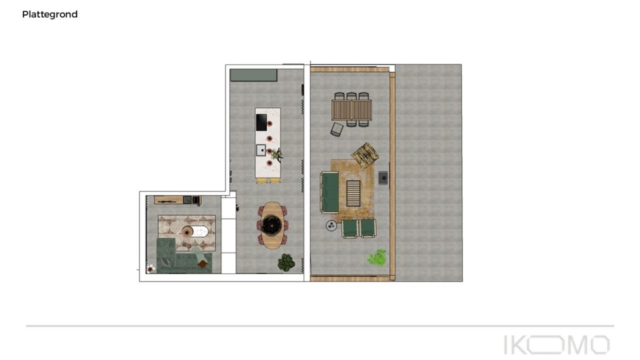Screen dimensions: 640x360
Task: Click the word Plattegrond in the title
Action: (50, 14)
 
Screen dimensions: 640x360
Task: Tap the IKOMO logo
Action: (557, 345)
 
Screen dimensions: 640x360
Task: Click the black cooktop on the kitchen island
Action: (261, 122)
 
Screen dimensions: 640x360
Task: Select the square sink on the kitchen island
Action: (261, 150)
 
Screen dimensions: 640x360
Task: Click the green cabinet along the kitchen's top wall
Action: (254, 75)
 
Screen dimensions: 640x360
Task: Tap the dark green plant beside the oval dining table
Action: (286, 262)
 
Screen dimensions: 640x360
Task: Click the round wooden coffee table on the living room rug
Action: (187, 232)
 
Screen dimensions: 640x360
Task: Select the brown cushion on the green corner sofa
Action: (202, 264)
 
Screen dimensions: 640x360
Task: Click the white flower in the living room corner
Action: (151, 268)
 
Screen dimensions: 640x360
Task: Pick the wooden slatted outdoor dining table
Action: (352, 110)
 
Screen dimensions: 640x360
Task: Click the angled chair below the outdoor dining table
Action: (337, 129)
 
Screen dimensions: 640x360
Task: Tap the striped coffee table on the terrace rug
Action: (354, 193)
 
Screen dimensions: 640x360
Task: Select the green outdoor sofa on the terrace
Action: (329, 192)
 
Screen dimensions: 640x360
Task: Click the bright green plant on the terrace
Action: (377, 257)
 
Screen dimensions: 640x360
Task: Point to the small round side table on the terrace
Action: (331, 226)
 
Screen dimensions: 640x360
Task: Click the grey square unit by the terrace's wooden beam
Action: (383, 178)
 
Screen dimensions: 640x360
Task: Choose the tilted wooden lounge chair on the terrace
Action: (365, 155)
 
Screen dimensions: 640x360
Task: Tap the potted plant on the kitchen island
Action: (278, 154)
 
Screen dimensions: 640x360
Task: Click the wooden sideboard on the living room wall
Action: (169, 200)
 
